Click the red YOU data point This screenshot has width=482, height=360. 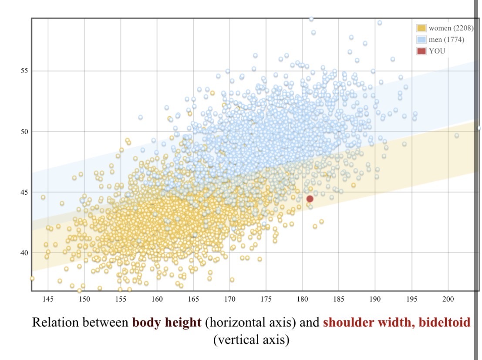310,199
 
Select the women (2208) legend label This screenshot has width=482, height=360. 451,28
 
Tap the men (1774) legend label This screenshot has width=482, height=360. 446,40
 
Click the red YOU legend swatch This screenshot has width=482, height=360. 421,51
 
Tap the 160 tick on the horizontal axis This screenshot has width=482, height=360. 157,299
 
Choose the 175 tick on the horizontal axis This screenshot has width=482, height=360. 266,299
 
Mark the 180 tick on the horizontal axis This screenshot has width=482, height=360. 303,299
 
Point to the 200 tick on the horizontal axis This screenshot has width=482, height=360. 448,299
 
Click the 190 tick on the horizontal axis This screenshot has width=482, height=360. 375,299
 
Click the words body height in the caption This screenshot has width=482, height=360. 167,323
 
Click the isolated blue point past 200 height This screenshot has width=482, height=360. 457,136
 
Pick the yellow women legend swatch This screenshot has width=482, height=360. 421,28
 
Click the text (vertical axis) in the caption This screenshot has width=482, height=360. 251,340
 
